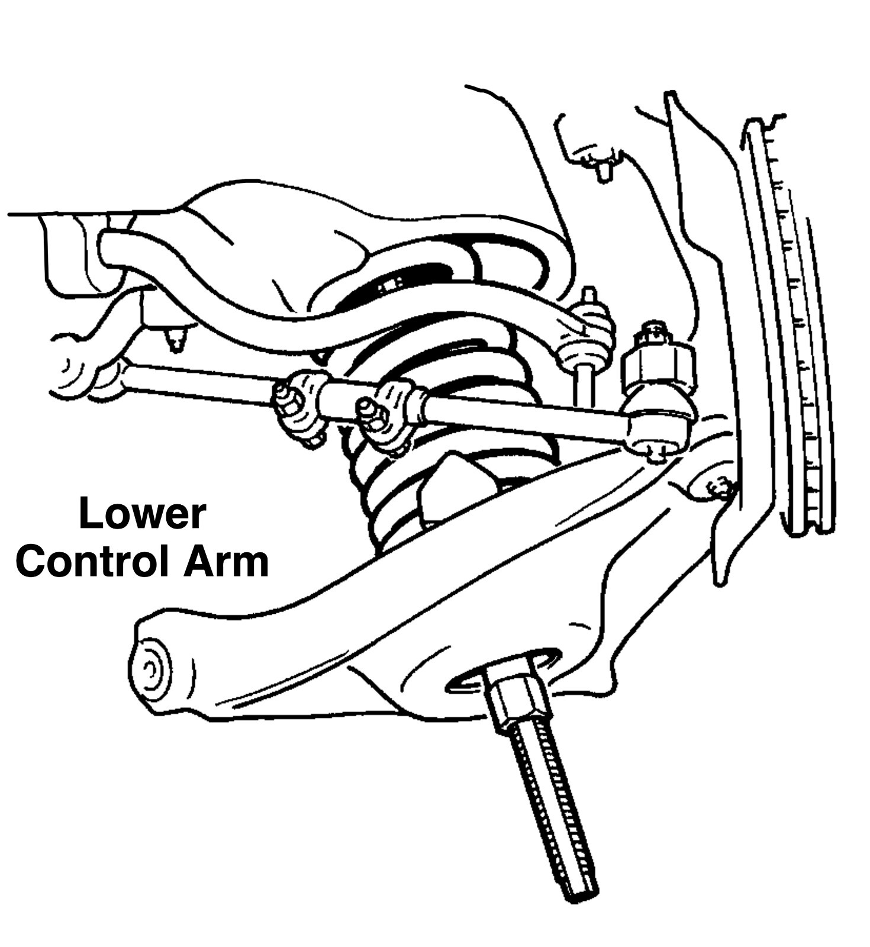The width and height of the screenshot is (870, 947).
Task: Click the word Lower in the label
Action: pos(142,514)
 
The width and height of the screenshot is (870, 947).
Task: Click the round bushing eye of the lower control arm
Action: pos(151,669)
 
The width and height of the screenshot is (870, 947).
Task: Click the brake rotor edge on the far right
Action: pos(787,326)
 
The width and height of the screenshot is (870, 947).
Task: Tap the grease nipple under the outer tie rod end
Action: pos(657,455)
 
